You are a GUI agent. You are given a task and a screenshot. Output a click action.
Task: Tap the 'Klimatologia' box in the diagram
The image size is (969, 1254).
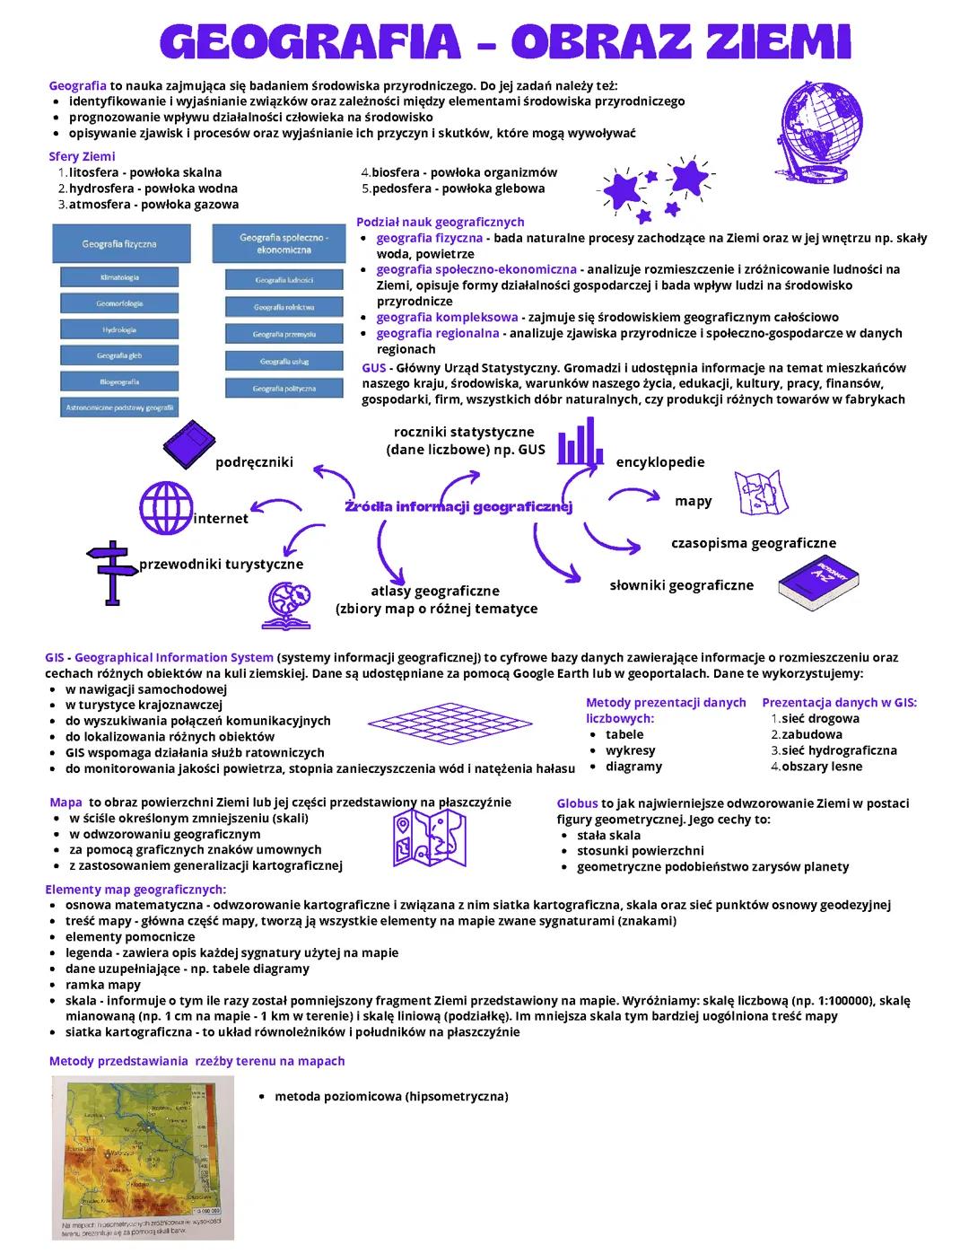tap(119, 278)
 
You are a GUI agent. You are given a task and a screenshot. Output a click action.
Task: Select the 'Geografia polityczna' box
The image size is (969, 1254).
tap(284, 389)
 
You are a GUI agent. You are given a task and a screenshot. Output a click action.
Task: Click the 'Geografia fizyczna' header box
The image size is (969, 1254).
tap(119, 244)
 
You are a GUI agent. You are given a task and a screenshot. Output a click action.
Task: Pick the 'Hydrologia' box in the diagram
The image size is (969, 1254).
tap(119, 330)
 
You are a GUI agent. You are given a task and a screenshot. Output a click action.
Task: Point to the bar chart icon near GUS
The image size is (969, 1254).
tap(580, 442)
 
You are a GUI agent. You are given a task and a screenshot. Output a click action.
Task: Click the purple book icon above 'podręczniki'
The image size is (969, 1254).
tap(189, 446)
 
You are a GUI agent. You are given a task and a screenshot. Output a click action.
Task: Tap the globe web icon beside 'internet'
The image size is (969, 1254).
tap(167, 507)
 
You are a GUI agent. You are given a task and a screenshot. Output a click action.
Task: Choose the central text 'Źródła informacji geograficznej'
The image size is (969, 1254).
tap(458, 507)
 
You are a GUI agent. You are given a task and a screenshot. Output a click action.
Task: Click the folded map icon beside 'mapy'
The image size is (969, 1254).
tap(761, 493)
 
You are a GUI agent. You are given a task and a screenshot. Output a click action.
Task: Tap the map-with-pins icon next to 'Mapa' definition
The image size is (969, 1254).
tap(430, 837)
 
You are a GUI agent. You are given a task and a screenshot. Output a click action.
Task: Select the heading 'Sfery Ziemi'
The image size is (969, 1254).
tap(82, 156)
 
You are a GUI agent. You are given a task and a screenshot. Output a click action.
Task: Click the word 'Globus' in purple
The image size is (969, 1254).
tap(577, 803)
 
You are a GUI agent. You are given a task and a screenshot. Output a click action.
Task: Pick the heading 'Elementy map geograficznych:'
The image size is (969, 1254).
tap(135, 890)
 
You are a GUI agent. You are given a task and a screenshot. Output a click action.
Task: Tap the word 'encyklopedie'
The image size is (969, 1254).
tap(659, 462)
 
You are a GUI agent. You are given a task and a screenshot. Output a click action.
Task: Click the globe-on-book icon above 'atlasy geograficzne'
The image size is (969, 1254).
tap(287, 605)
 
